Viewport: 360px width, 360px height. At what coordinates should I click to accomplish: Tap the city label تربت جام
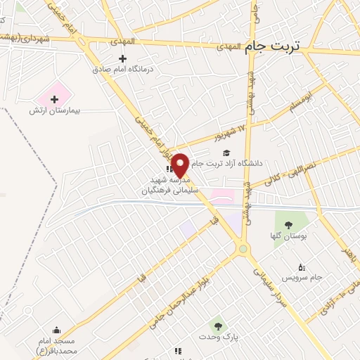[273, 46]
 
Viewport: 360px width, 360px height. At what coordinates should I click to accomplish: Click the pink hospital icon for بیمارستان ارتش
[55, 98]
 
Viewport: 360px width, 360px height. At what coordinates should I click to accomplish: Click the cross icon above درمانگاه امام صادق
[124, 58]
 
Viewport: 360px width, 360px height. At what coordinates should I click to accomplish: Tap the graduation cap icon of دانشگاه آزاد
[226, 153]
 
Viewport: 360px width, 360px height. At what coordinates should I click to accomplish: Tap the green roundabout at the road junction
[243, 248]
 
